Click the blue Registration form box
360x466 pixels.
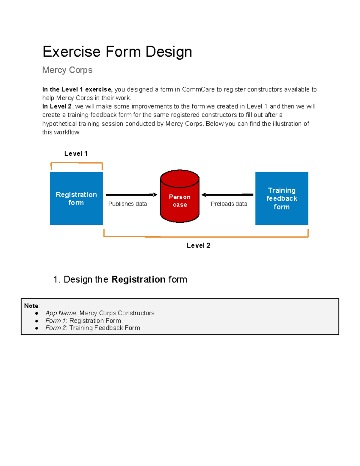point(76,198)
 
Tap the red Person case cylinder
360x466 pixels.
point(180,197)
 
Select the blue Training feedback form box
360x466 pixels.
point(282,198)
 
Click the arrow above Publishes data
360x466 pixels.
point(131,195)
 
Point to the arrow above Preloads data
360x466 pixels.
point(227,195)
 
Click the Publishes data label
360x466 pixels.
point(127,204)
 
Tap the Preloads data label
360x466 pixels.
point(229,204)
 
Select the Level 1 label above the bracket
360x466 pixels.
point(76,154)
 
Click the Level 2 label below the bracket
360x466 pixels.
point(198,245)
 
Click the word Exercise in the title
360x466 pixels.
point(71,52)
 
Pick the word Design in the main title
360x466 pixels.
point(169,52)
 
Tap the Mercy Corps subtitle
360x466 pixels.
point(67,70)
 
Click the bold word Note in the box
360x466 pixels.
point(31,306)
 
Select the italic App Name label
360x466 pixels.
point(61,313)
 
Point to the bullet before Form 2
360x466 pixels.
point(37,328)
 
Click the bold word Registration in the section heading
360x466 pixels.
point(138,279)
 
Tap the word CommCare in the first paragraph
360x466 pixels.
point(198,89)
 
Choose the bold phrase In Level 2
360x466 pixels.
point(57,107)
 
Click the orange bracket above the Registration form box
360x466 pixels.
point(76,163)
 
